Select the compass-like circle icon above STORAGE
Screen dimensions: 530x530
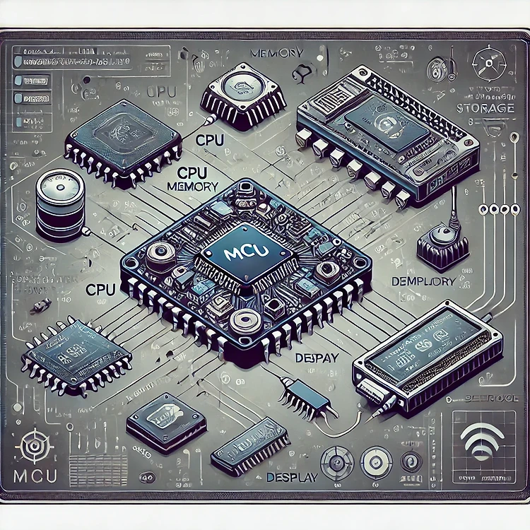(x=488, y=59)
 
